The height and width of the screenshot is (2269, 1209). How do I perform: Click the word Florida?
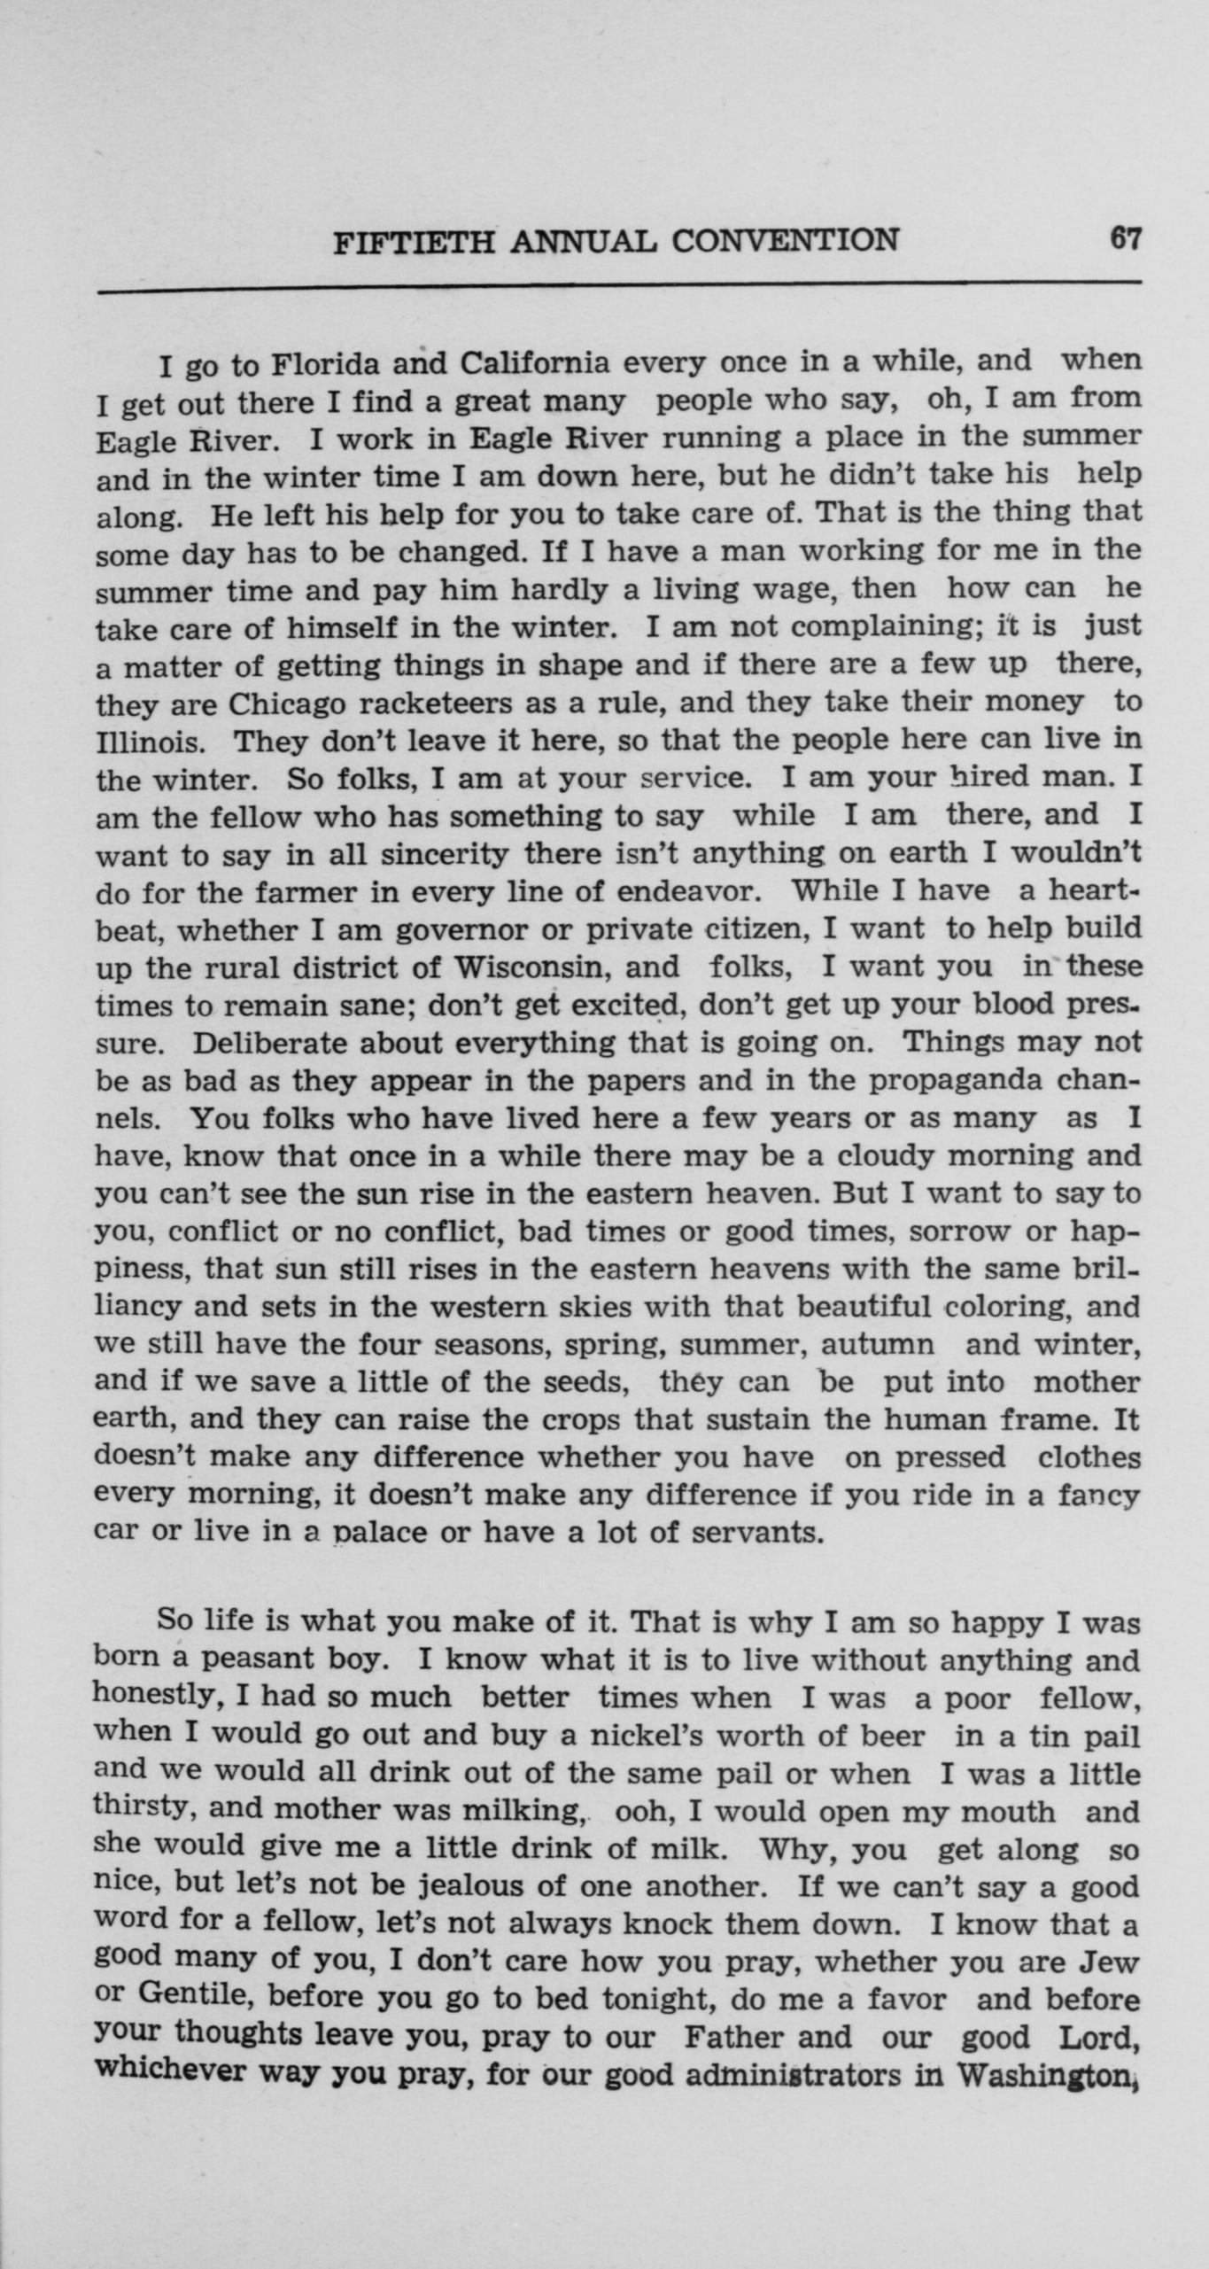325,364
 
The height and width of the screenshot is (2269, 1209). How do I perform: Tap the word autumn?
877,1345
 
